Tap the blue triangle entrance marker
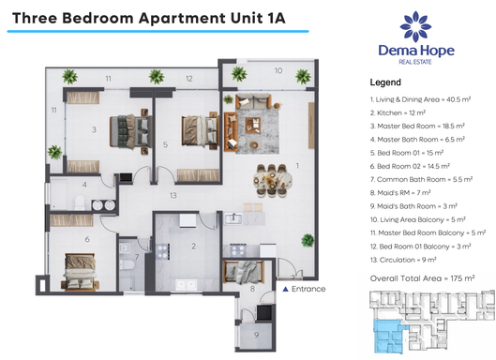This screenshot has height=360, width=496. click(x=285, y=289)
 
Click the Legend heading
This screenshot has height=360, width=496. click(x=385, y=82)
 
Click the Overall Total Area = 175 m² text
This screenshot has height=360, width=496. click(x=422, y=278)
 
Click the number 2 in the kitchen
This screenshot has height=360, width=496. click(x=193, y=247)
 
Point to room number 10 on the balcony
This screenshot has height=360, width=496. click(x=278, y=70)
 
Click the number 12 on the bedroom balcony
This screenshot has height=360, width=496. click(x=188, y=79)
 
